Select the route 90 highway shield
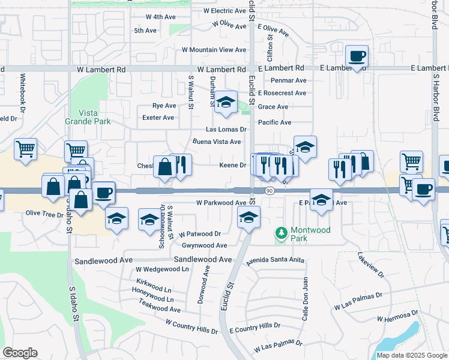click(x=270, y=191)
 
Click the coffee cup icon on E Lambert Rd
click(x=357, y=56)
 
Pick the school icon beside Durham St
click(x=226, y=103)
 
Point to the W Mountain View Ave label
click(x=214, y=50)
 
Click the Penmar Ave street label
click(x=288, y=80)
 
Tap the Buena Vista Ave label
click(x=217, y=142)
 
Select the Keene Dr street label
click(x=234, y=165)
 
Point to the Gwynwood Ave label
click(x=205, y=245)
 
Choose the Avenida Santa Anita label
click(x=276, y=262)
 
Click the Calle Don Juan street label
click(x=305, y=298)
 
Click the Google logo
click(x=20, y=353)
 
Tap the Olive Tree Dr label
click(x=44, y=213)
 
